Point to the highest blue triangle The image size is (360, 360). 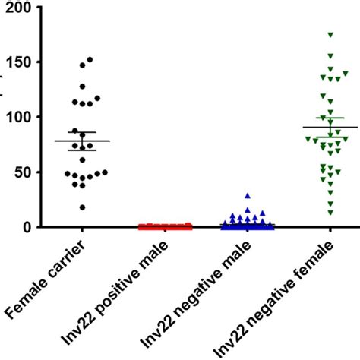(x=248, y=196)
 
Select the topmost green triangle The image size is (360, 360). (x=330, y=35)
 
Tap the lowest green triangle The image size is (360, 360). (x=330, y=212)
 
